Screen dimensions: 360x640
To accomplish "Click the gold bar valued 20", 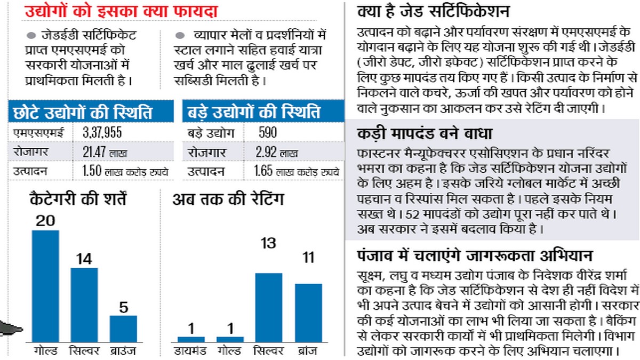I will pyautogui.click(x=45, y=285).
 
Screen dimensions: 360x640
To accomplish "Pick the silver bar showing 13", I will pyautogui.click(x=269, y=307).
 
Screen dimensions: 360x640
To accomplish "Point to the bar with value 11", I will pyautogui.click(x=308, y=312).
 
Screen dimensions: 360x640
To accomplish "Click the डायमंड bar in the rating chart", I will pyautogui.click(x=191, y=339).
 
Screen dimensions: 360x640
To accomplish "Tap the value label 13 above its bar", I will pyautogui.click(x=269, y=243).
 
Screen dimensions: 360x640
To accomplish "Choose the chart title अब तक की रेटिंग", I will pyautogui.click(x=228, y=200).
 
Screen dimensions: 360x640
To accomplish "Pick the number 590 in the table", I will pyautogui.click(x=267, y=132).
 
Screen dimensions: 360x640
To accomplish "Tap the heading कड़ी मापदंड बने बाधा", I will pyautogui.click(x=425, y=134).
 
